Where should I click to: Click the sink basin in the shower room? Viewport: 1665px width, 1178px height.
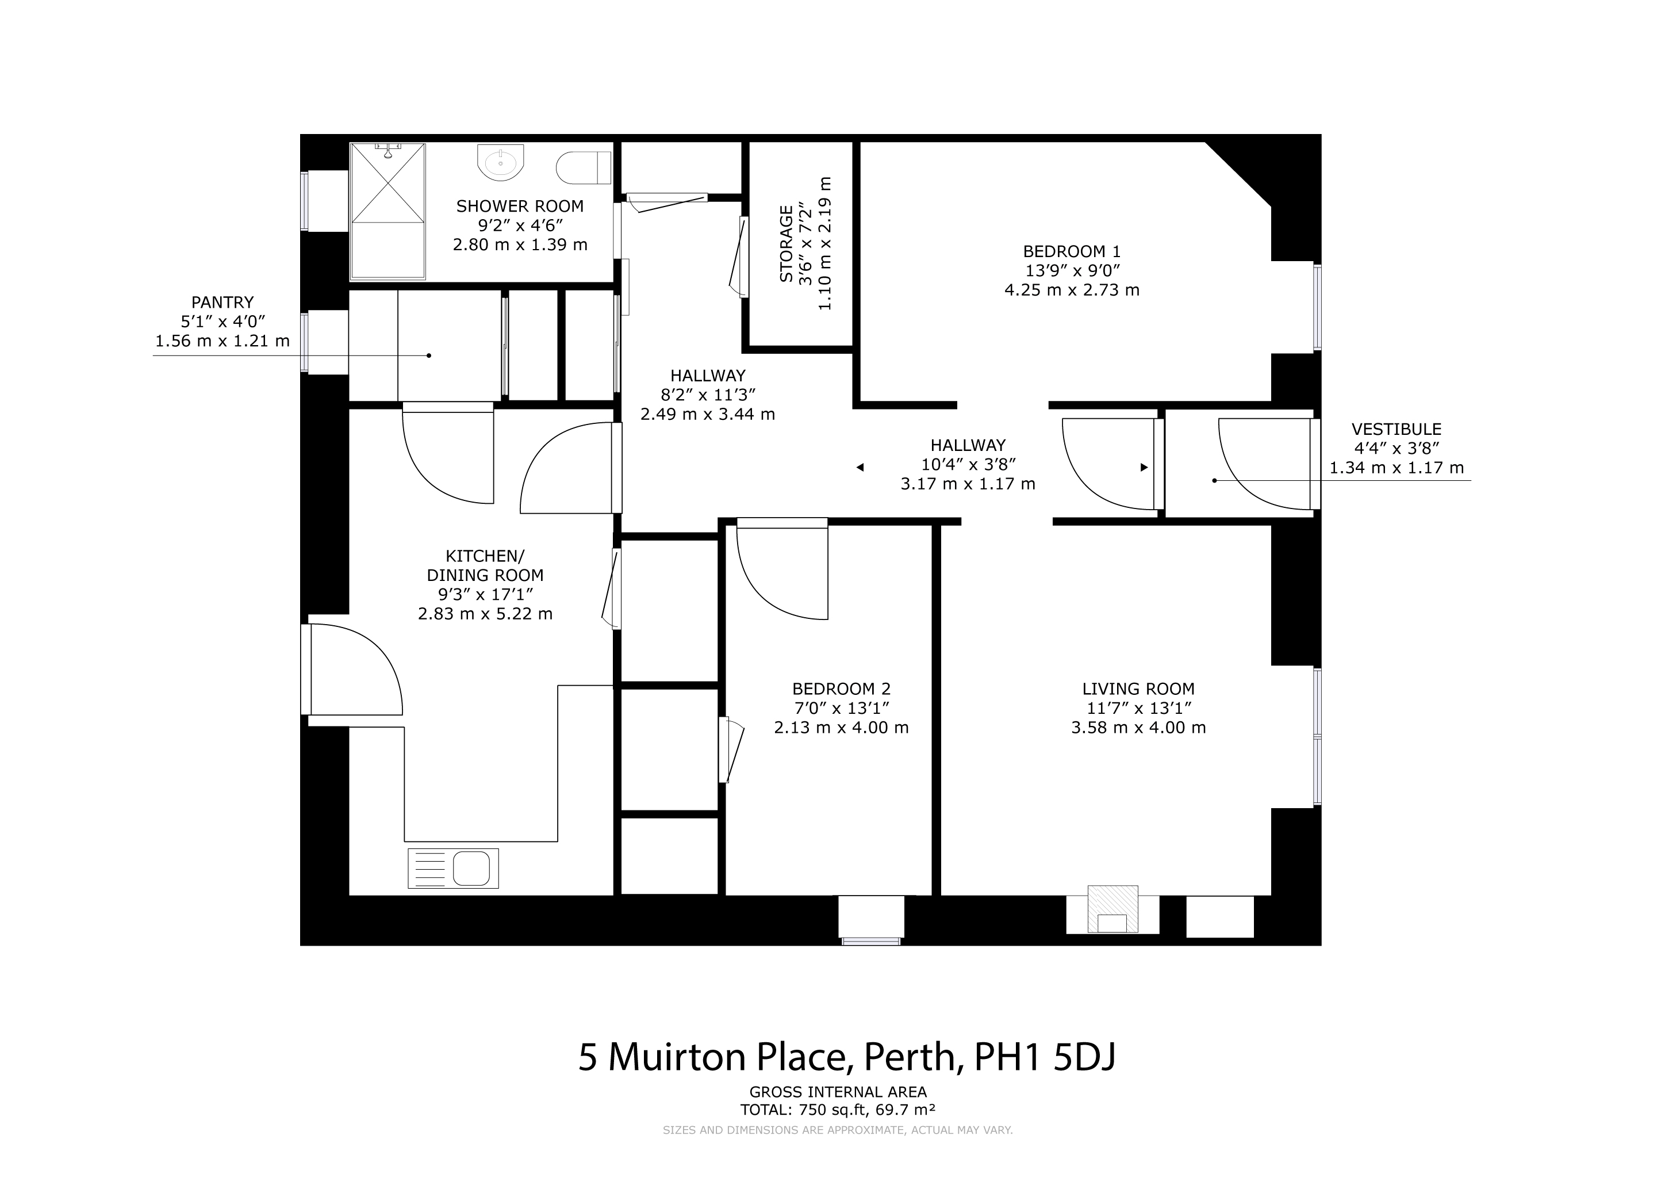[500, 162]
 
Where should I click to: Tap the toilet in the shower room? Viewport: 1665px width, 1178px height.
[584, 167]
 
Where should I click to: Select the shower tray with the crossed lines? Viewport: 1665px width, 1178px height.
[388, 211]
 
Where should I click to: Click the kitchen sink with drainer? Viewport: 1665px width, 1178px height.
[453, 869]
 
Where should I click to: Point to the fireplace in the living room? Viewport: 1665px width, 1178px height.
[1112, 909]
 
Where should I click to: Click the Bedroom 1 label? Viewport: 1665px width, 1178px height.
[1072, 252]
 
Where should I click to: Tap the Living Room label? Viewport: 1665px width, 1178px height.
[1138, 689]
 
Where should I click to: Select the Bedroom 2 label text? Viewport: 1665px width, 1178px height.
[841, 689]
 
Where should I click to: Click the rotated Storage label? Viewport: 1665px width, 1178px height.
[786, 244]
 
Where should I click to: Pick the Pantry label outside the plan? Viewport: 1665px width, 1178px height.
[222, 302]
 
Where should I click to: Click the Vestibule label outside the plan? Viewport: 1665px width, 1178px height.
[1397, 430]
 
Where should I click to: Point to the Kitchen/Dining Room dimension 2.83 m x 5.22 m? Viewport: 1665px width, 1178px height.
[485, 614]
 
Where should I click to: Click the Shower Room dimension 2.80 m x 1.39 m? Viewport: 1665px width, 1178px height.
[520, 244]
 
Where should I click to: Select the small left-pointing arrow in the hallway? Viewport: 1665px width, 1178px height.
[860, 467]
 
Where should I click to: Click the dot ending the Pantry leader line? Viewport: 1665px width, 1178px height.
[429, 355]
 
